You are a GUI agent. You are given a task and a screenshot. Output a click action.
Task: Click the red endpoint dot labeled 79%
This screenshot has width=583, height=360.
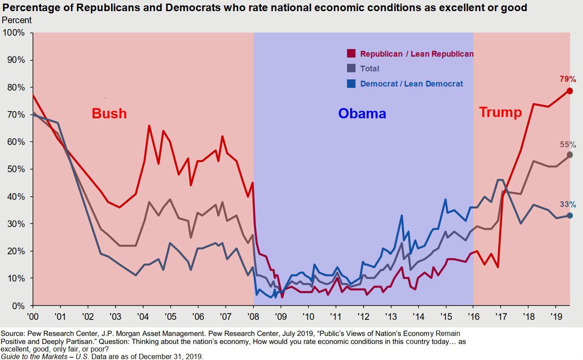(570, 91)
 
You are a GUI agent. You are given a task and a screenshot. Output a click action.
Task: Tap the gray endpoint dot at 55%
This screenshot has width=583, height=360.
(570, 155)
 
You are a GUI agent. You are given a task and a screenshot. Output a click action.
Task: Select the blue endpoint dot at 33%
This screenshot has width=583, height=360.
(570, 215)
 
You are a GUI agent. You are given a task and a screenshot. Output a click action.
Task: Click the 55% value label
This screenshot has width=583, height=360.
(568, 145)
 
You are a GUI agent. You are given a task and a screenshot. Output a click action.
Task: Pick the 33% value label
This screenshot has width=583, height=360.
(568, 205)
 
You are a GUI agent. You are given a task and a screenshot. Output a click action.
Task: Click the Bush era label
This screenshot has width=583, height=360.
(109, 113)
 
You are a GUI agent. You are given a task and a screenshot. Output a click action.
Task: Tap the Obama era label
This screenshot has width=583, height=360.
(362, 113)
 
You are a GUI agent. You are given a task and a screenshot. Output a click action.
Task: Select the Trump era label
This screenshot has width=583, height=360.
(500, 112)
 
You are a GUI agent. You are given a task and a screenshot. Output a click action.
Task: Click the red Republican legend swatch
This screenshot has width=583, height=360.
(351, 54)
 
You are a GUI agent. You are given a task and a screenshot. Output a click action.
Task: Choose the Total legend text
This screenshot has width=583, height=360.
(370, 69)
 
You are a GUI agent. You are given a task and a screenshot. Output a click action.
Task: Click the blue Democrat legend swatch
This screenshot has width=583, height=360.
(351, 83)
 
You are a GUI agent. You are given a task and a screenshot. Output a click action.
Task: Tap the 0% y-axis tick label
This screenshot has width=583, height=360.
(19, 306)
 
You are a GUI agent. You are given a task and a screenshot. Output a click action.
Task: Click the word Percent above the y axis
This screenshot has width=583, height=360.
(17, 20)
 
